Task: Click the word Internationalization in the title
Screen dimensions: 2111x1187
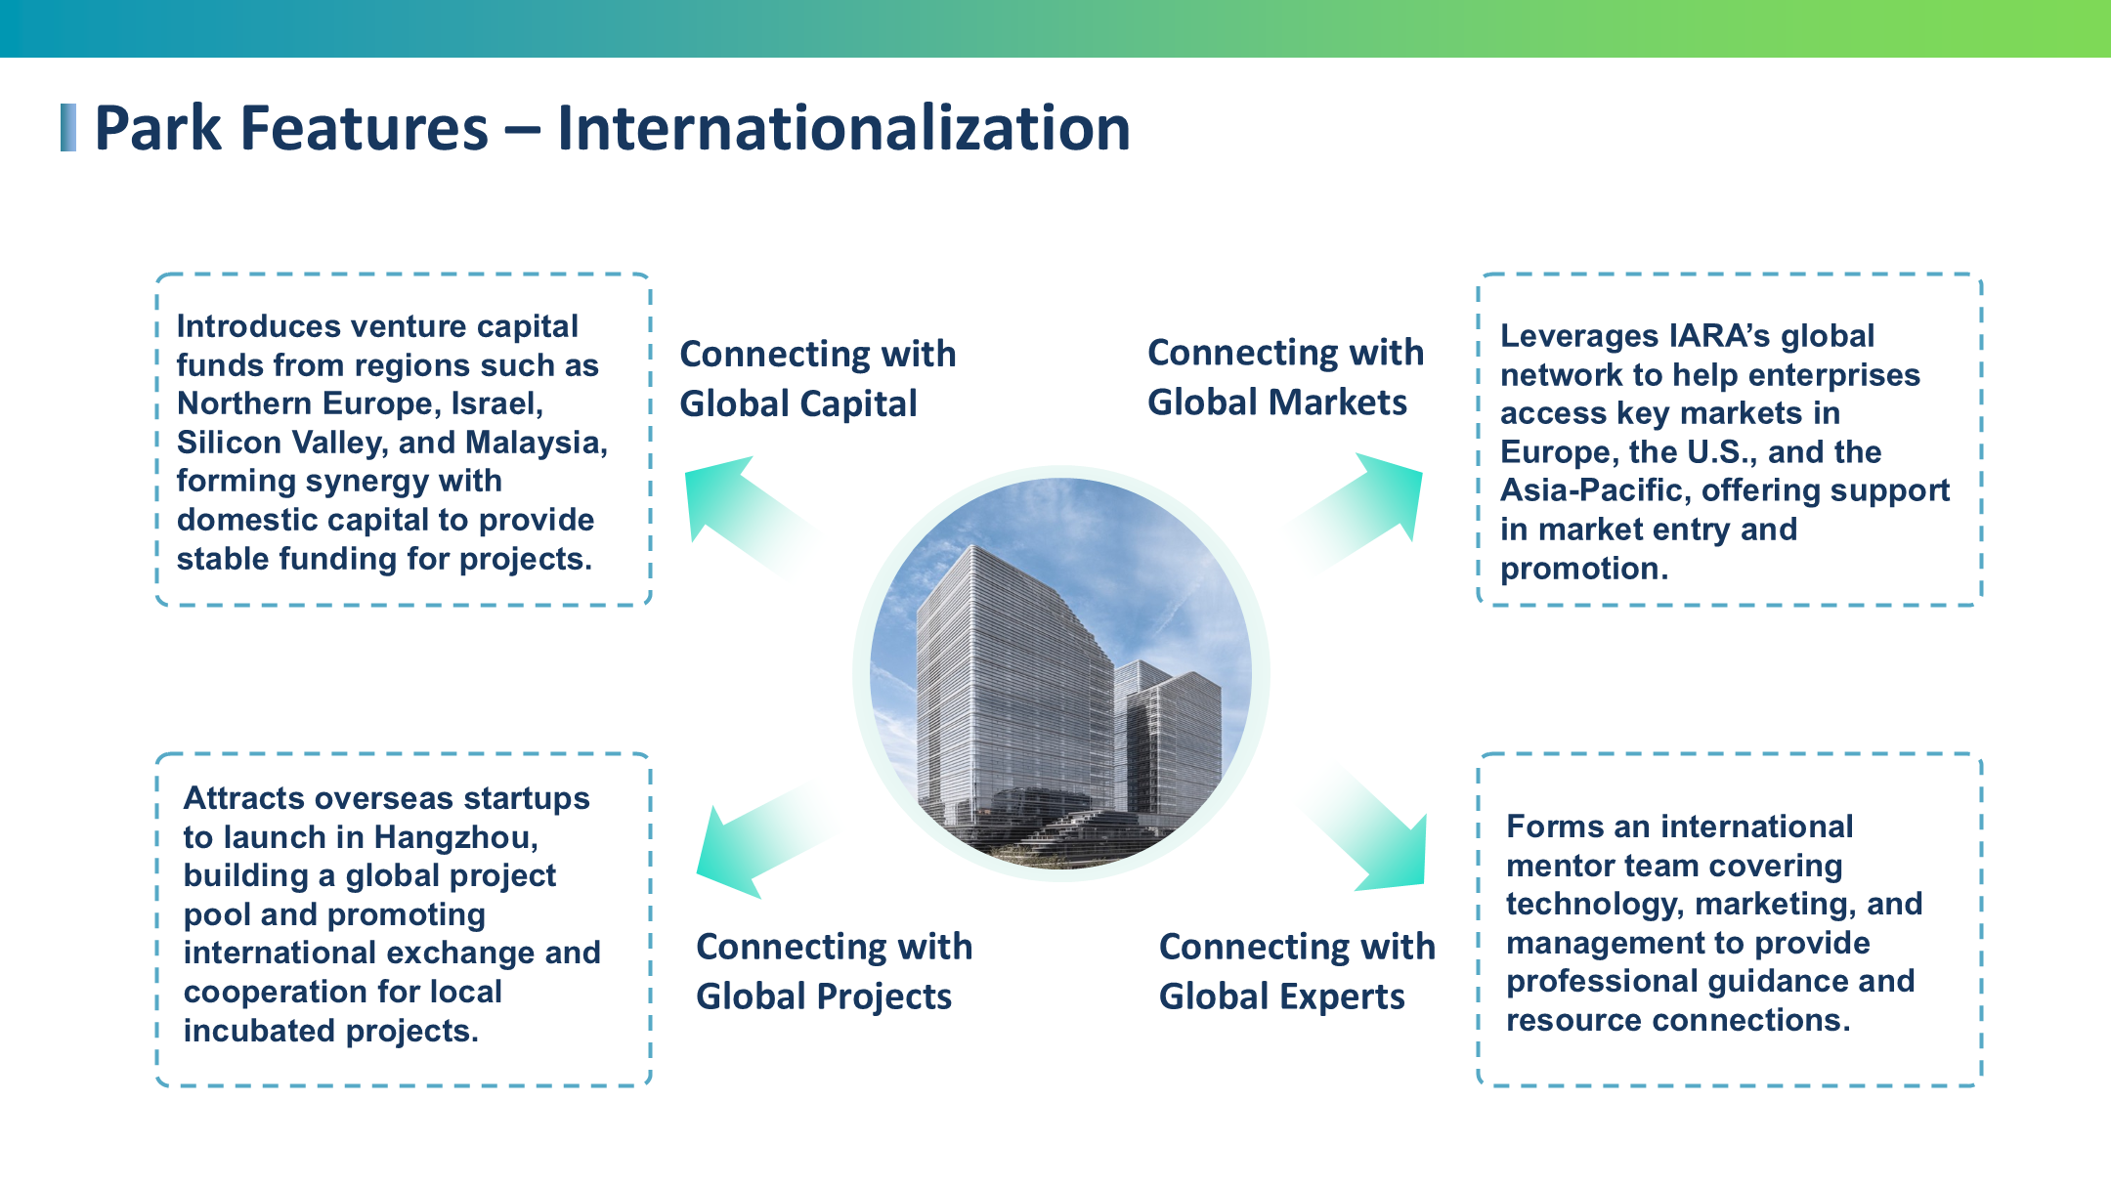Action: tap(843, 128)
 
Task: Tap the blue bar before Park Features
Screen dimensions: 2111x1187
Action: tap(68, 128)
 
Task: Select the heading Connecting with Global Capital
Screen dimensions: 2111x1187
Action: tap(818, 378)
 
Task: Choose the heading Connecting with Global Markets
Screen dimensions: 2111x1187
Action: tap(1285, 377)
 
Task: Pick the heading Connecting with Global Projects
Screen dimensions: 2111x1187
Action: tap(834, 971)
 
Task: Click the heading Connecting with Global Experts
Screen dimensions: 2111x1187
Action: tap(1297, 971)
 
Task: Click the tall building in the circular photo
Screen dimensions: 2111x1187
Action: tap(1014, 684)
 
